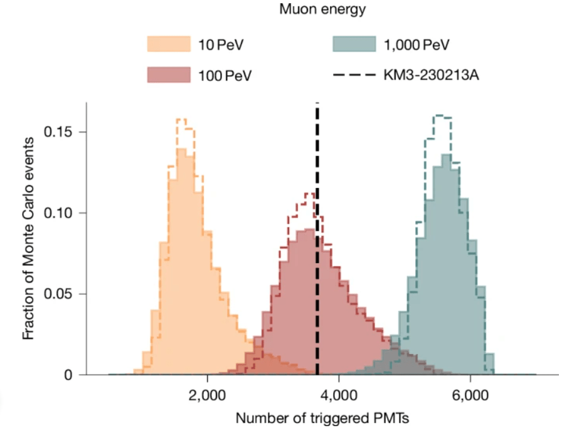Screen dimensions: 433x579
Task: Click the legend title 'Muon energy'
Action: click(x=322, y=9)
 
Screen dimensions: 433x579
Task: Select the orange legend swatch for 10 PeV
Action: click(x=169, y=44)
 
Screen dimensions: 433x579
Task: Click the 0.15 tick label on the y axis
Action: click(x=62, y=132)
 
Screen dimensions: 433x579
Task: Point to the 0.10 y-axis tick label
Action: click(x=62, y=213)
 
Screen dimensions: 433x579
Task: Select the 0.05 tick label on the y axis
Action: click(x=62, y=294)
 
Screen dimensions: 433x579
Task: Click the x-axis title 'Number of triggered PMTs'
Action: click(x=321, y=417)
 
